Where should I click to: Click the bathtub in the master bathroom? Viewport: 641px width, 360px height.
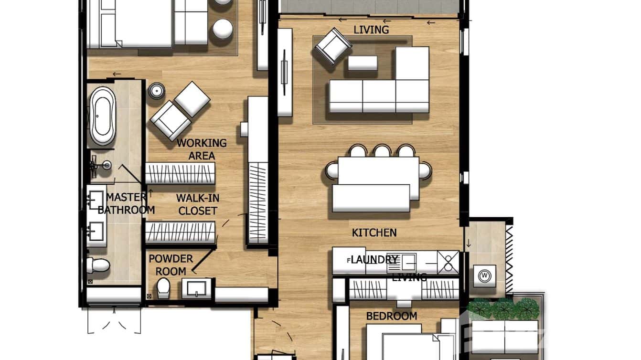pos(103,116)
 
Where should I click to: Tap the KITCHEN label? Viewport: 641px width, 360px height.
pos(374,233)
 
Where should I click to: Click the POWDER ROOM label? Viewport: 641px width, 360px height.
pos(171,265)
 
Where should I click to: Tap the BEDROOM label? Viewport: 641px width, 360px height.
pos(391,316)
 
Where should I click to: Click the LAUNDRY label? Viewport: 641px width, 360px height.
pos(374,260)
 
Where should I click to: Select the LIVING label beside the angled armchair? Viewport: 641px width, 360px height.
pos(371,30)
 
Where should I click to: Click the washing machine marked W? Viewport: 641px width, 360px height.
pos(485,275)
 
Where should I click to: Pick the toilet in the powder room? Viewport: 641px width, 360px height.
pos(163,288)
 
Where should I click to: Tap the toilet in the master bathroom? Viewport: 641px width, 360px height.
pos(98,265)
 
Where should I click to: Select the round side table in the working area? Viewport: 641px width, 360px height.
pos(156,91)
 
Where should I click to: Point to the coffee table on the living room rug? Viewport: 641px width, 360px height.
pos(363,63)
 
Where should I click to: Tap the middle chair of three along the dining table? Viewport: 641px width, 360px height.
pos(382,151)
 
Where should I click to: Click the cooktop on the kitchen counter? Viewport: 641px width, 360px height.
pos(448,262)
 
